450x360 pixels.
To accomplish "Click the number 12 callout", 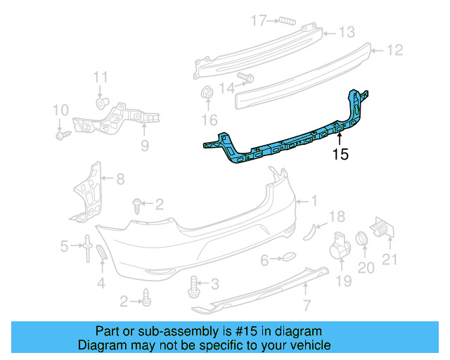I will (x=395, y=50).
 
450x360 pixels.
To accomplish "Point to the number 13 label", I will (x=347, y=32).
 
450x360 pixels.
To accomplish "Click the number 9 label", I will (x=144, y=146).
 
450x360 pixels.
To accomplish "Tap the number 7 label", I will (x=307, y=304).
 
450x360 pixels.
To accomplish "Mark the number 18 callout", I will (x=337, y=215).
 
